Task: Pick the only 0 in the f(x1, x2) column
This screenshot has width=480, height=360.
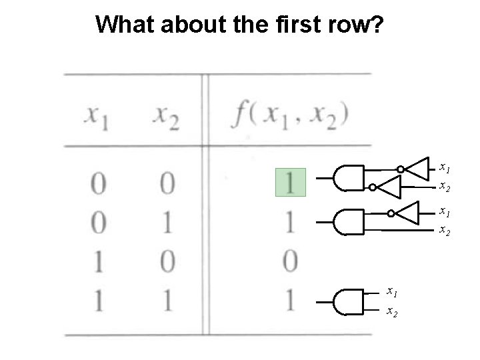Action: pos(290,261)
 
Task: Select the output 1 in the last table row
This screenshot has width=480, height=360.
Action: pos(290,301)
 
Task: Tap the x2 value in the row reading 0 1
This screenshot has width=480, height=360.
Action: pos(166,222)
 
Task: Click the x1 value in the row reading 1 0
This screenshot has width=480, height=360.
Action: pos(98,261)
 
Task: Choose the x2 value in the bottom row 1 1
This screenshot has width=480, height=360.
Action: pos(166,301)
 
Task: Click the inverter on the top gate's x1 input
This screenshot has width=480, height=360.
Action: pos(417,168)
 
